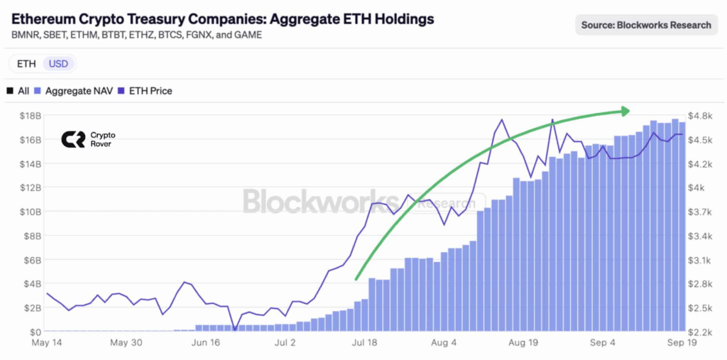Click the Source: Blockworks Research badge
click(x=646, y=25)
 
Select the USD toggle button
click(x=59, y=64)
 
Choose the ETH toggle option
click(x=26, y=64)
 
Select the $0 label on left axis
click(x=35, y=332)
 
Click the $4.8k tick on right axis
click(x=701, y=115)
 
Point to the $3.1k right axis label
click(x=701, y=260)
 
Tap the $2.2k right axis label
click(x=701, y=332)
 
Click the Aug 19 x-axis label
click(x=524, y=343)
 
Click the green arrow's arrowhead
click(x=625, y=111)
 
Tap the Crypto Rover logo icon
click(x=72, y=139)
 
